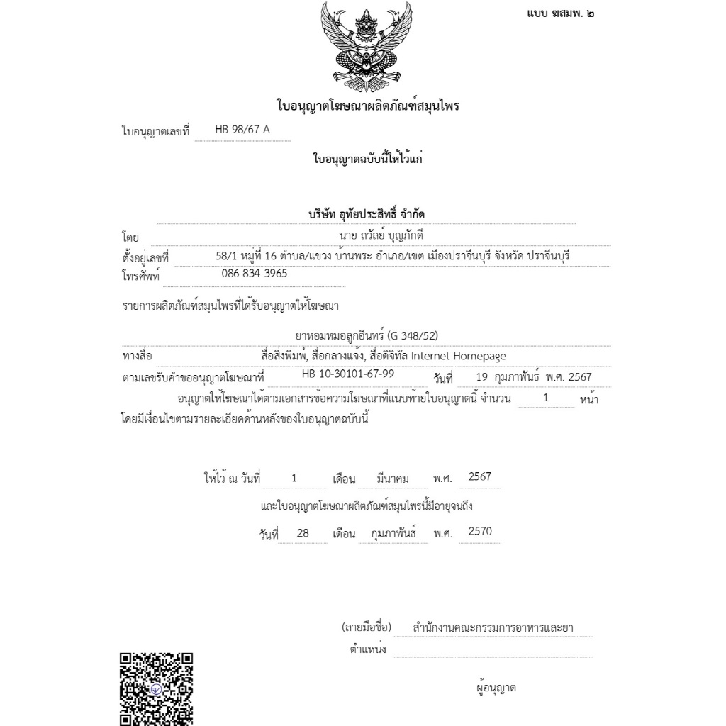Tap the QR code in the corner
[x=157, y=688]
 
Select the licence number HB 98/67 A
[x=242, y=130]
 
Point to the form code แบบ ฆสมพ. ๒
[x=560, y=13]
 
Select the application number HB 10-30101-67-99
[x=348, y=374]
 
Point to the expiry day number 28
[x=303, y=533]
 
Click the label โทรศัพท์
[x=142, y=276]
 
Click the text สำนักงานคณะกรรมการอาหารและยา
[x=493, y=627]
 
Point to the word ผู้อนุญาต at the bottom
[x=496, y=687]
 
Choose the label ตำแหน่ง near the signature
[x=368, y=649]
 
